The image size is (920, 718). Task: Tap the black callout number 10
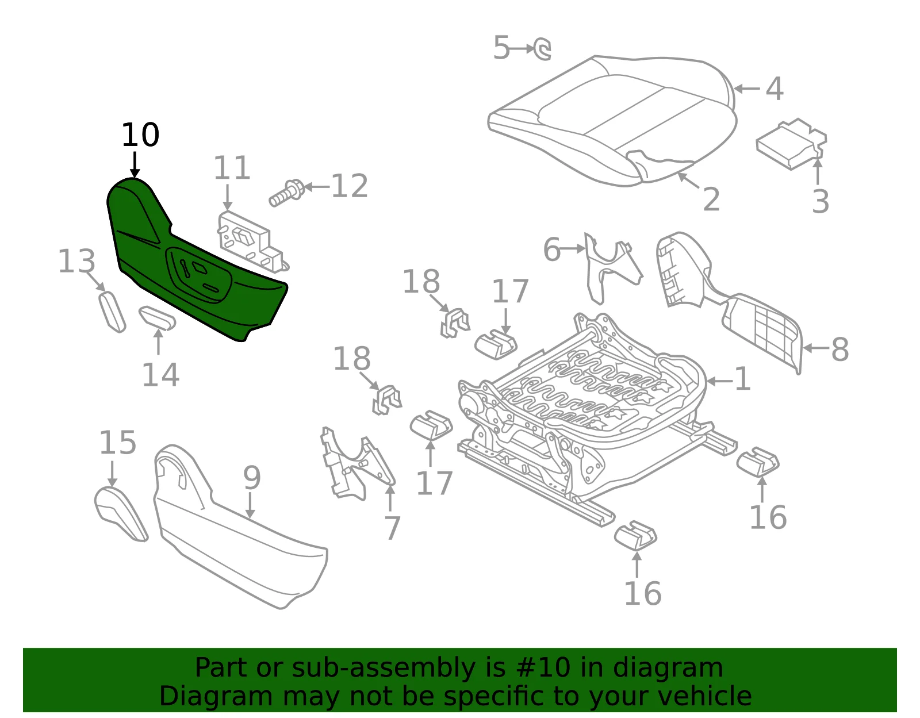click(140, 136)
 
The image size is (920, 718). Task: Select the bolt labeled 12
click(286, 193)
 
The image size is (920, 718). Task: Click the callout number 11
click(232, 167)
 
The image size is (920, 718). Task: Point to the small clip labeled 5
click(542, 49)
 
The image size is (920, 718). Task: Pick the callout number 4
click(775, 89)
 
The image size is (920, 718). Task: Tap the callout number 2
click(711, 199)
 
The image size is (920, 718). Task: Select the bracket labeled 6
click(612, 267)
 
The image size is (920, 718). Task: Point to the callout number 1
click(742, 379)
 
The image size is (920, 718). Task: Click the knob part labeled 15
click(121, 514)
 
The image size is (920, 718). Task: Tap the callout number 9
click(252, 477)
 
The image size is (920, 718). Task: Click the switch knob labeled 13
click(112, 312)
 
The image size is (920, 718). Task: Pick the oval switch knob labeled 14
click(157, 318)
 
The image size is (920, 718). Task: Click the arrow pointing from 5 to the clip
click(522, 49)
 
